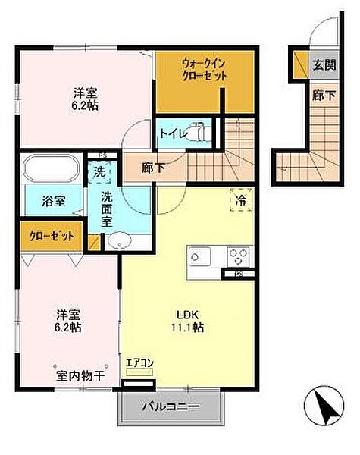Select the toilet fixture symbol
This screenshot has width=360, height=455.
[199, 132]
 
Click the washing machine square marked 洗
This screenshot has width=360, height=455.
[99, 172]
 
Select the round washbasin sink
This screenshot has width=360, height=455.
[119, 242]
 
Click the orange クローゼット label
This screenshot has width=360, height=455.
[52, 236]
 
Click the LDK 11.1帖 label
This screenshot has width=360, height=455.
[189, 321]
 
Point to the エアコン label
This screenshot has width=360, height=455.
[139, 363]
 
